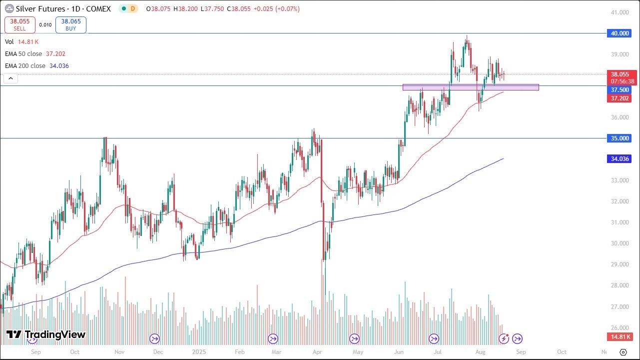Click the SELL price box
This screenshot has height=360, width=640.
click(19, 25)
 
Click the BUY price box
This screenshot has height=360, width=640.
click(71, 25)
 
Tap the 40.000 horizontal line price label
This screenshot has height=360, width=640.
click(620, 33)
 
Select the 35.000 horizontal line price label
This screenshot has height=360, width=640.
click(620, 138)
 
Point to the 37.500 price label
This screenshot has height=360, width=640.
click(620, 90)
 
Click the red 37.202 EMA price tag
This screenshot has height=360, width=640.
click(620, 98)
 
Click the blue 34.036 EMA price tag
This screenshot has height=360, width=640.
click(620, 159)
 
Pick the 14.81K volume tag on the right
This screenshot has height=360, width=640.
click(620, 336)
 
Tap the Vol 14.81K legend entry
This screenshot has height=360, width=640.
click(22, 42)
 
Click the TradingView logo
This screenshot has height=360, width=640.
click(46, 334)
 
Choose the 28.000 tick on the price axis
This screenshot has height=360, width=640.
click(620, 285)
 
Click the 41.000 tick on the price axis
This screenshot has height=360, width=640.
click(620, 12)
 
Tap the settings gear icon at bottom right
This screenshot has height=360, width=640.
click(623, 352)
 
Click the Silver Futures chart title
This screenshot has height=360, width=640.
click(40, 9)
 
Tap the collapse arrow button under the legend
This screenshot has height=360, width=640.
click(10, 78)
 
